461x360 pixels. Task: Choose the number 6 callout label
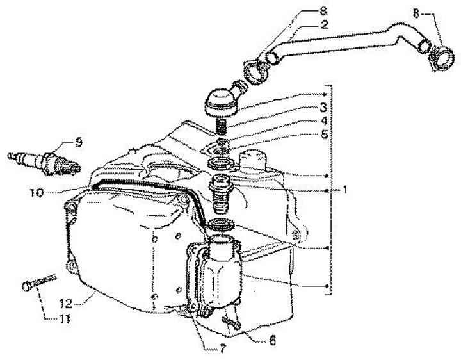point(272,341)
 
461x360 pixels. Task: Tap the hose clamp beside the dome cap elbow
point(257,67)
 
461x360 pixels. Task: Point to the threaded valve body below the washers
point(221,192)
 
